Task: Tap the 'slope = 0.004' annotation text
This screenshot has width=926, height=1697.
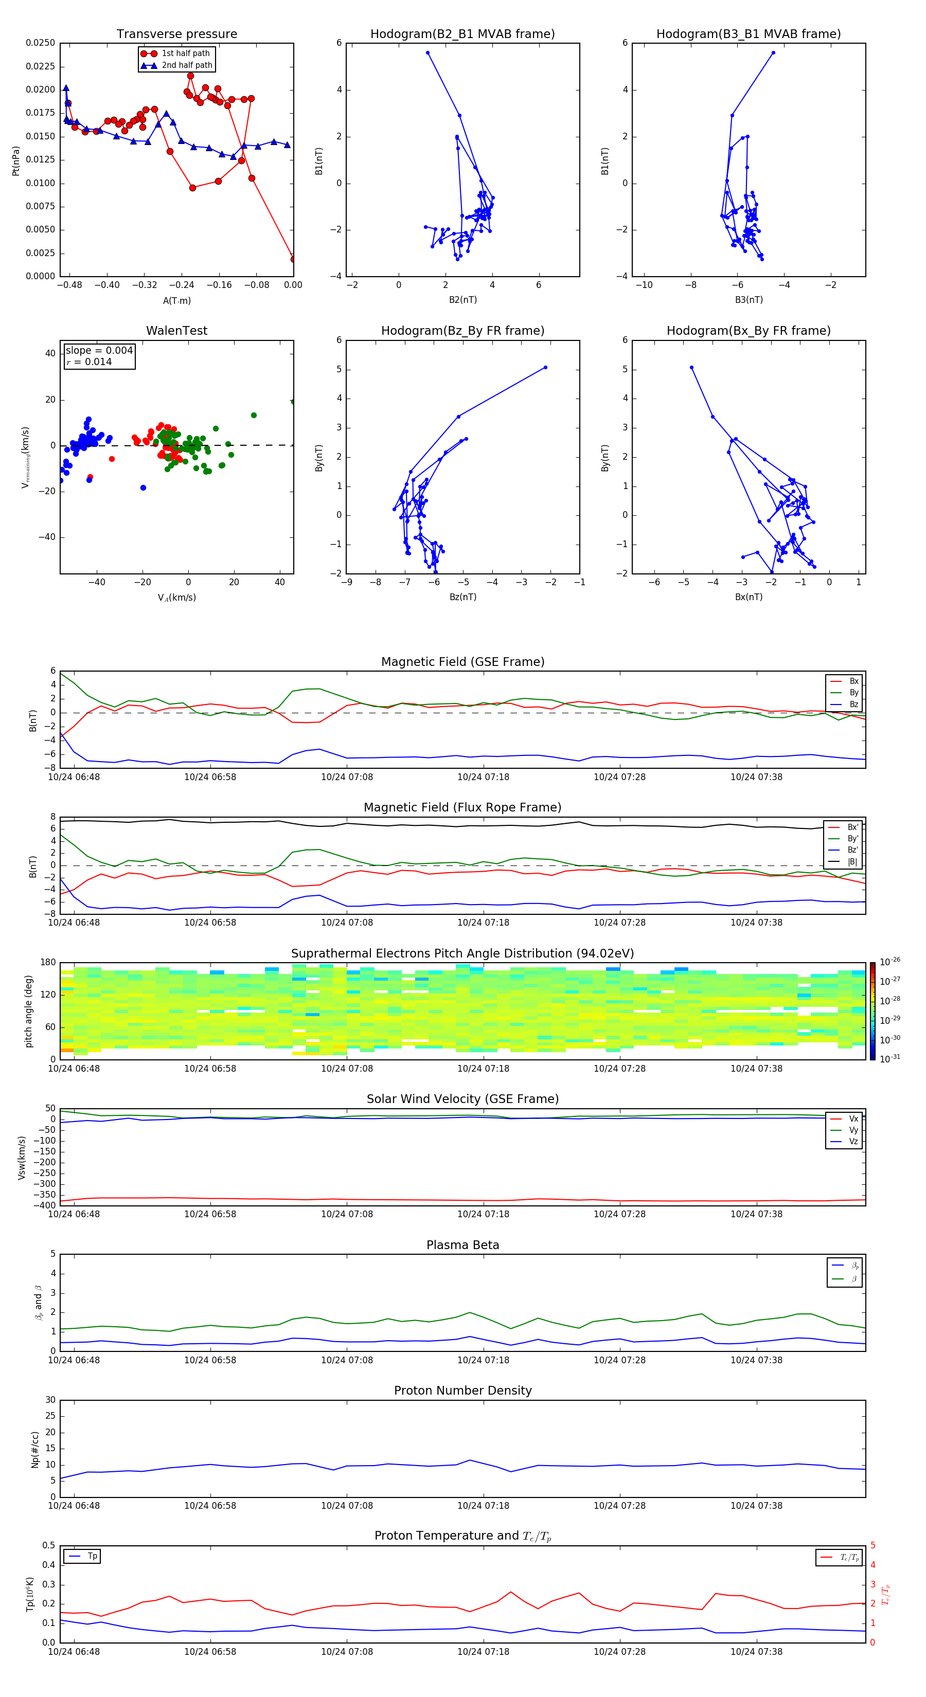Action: [x=99, y=351]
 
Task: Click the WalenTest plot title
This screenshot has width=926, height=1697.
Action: [x=176, y=331]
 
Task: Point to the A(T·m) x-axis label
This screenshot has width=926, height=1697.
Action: [x=176, y=301]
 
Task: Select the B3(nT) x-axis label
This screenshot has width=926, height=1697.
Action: [x=749, y=300]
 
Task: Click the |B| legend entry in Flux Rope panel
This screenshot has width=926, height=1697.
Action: [x=852, y=862]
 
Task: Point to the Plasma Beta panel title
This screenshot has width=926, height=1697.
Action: [x=462, y=1245]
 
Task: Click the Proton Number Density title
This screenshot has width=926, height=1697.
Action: [x=462, y=1391]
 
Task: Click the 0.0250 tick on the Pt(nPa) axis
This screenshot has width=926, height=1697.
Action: [x=40, y=43]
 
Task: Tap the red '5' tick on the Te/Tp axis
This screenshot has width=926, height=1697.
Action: [x=872, y=1545]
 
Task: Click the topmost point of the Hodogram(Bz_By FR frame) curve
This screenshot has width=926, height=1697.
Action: [x=545, y=368]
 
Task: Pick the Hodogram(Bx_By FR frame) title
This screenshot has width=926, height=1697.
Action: [x=748, y=331]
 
